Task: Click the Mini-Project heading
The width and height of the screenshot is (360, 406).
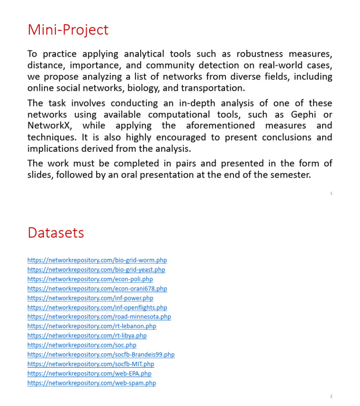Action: coord(68,30)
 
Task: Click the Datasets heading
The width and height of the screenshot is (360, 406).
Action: coord(56,233)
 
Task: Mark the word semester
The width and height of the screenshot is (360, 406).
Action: coord(290,175)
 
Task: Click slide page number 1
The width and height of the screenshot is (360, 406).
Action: coord(331,193)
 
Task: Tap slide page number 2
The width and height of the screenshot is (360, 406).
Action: coord(331,396)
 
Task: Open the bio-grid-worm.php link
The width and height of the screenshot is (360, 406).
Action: coord(97,260)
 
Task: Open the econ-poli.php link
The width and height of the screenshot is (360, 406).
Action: coord(90,279)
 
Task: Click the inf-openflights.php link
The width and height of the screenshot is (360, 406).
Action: coord(97,308)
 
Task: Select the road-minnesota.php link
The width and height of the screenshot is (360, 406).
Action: coord(99,317)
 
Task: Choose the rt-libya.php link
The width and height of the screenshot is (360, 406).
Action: coord(87,336)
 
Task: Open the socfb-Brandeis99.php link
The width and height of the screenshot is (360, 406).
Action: coord(101,355)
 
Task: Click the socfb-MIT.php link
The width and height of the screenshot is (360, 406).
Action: coord(90,364)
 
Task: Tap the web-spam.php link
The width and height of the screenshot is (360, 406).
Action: coord(91,383)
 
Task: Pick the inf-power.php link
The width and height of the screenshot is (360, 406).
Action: coord(90,298)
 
